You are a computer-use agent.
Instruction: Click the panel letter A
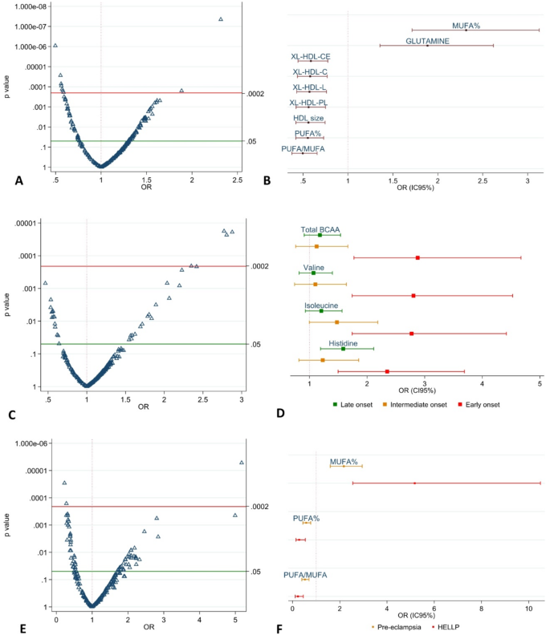pos(18,182)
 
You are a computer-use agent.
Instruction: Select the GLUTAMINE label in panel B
pos(427,40)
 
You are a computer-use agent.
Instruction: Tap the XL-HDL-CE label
pos(310,56)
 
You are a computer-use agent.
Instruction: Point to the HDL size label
pos(308,118)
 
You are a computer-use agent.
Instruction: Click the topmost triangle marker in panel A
pos(221,19)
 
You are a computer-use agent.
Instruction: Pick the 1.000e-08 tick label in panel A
pos(26,6)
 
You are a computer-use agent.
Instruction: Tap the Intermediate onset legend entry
pos(414,404)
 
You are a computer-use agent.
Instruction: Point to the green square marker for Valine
pos(313,273)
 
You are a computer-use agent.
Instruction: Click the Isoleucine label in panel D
pos(321,305)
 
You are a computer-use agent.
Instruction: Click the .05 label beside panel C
pos(256,344)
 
